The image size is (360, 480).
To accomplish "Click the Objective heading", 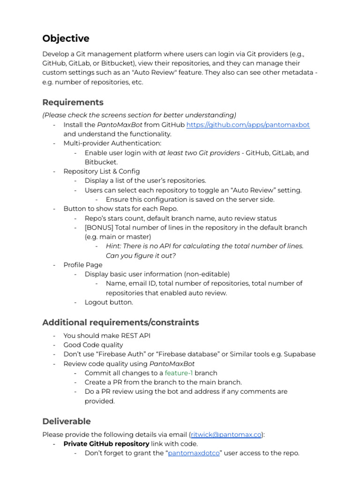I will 66,38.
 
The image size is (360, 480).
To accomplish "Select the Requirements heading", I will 73,102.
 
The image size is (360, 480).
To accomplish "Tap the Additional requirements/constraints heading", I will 120,322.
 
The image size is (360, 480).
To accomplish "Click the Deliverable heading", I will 67,421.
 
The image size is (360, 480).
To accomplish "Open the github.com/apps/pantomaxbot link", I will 248,125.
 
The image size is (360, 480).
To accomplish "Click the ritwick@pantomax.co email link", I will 226,435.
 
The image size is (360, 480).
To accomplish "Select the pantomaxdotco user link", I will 194,453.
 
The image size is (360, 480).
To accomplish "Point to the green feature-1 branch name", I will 179,373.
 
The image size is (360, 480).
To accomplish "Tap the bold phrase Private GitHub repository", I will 106,444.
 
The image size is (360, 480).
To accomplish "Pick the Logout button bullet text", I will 109,302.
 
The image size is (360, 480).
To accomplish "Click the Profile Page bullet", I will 82,265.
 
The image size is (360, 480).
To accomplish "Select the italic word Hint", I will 114,246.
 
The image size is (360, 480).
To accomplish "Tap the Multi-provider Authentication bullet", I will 112,143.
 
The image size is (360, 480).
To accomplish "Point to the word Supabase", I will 300,354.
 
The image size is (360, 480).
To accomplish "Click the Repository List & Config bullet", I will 101,172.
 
